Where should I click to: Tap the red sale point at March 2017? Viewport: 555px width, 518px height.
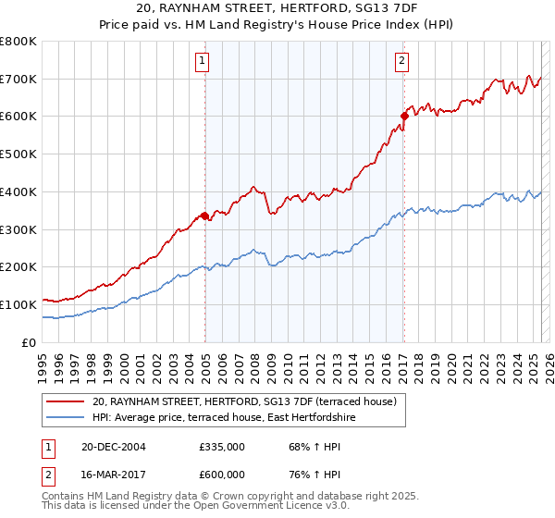[404, 116]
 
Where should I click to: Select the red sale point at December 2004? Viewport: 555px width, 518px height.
[204, 216]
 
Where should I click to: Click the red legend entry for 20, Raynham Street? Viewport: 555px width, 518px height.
[244, 401]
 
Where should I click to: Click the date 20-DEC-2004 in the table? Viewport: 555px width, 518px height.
[113, 447]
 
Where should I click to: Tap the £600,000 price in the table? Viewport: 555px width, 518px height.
[222, 474]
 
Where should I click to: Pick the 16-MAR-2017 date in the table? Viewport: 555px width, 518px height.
[113, 474]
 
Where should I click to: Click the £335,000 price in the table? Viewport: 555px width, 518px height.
[222, 447]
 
